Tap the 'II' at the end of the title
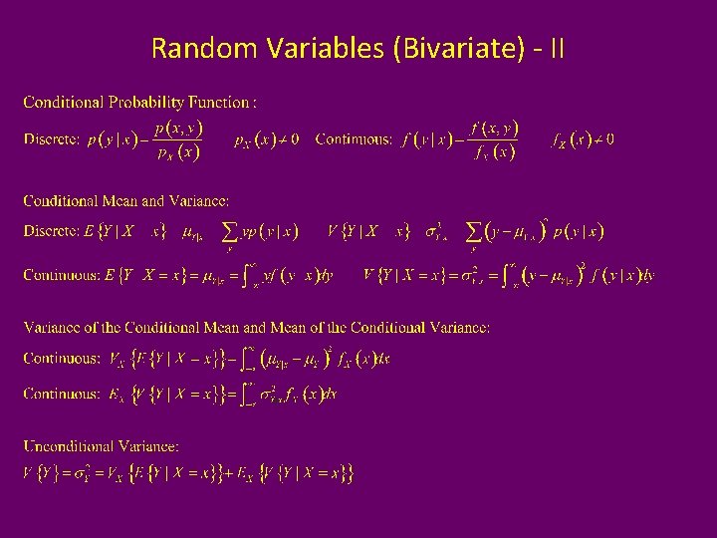coord(556,48)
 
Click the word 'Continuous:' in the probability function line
coord(354,139)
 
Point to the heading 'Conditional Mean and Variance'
coord(126,201)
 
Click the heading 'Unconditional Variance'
coord(102,446)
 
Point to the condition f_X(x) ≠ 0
coord(584,139)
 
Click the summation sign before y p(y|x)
coord(230,232)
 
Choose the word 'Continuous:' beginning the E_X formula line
coord(62,394)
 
